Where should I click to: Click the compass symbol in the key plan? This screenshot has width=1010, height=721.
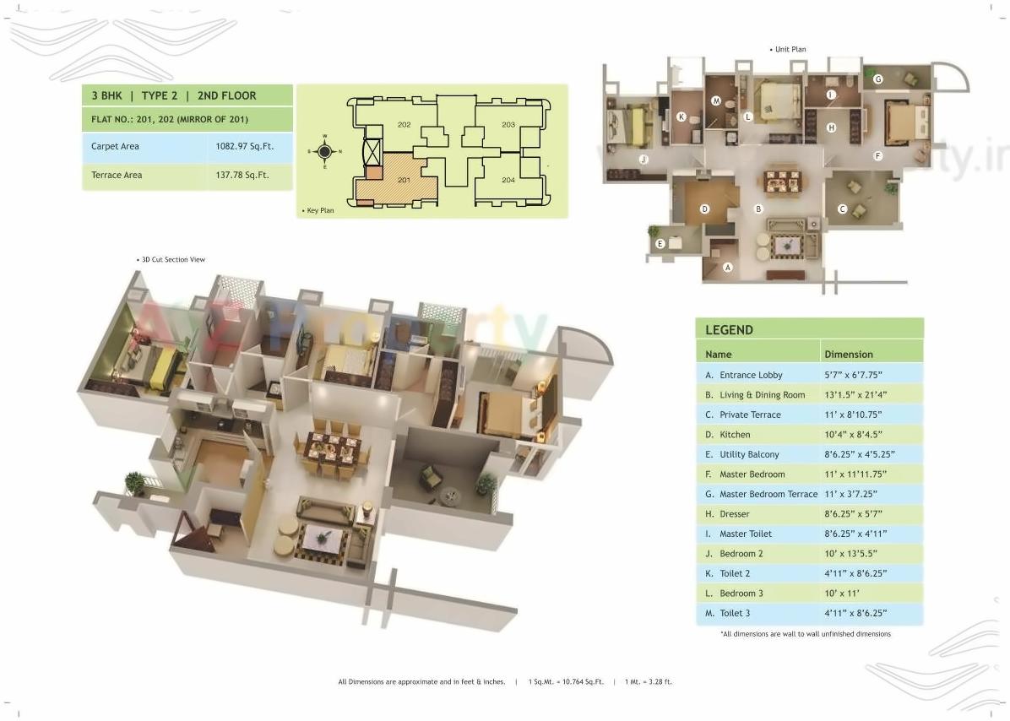pyautogui.click(x=325, y=152)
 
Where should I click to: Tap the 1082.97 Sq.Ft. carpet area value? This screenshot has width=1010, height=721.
pyautogui.click(x=245, y=147)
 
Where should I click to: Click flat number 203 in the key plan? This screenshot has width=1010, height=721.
pyautogui.click(x=508, y=125)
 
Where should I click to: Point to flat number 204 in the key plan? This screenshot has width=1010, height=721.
pyautogui.click(x=508, y=180)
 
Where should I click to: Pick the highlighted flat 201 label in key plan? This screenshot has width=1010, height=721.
pyautogui.click(x=404, y=179)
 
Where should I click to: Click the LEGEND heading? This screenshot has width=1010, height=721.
pyautogui.click(x=729, y=330)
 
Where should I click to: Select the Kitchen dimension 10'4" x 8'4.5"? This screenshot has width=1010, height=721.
pyautogui.click(x=858, y=435)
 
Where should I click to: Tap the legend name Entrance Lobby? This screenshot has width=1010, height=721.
pyautogui.click(x=751, y=375)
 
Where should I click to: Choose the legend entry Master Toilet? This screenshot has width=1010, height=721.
pyautogui.click(x=745, y=534)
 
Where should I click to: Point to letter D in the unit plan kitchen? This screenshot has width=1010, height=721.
pyautogui.click(x=704, y=209)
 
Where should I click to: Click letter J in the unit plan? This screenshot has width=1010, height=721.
pyautogui.click(x=643, y=159)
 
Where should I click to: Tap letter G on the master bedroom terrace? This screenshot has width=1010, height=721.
pyautogui.click(x=878, y=79)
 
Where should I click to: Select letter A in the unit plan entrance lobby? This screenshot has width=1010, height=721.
pyautogui.click(x=728, y=268)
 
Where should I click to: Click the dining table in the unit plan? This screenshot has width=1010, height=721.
pyautogui.click(x=782, y=181)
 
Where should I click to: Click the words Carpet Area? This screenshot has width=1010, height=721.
pyautogui.click(x=115, y=147)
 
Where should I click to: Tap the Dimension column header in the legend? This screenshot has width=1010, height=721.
pyautogui.click(x=849, y=355)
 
